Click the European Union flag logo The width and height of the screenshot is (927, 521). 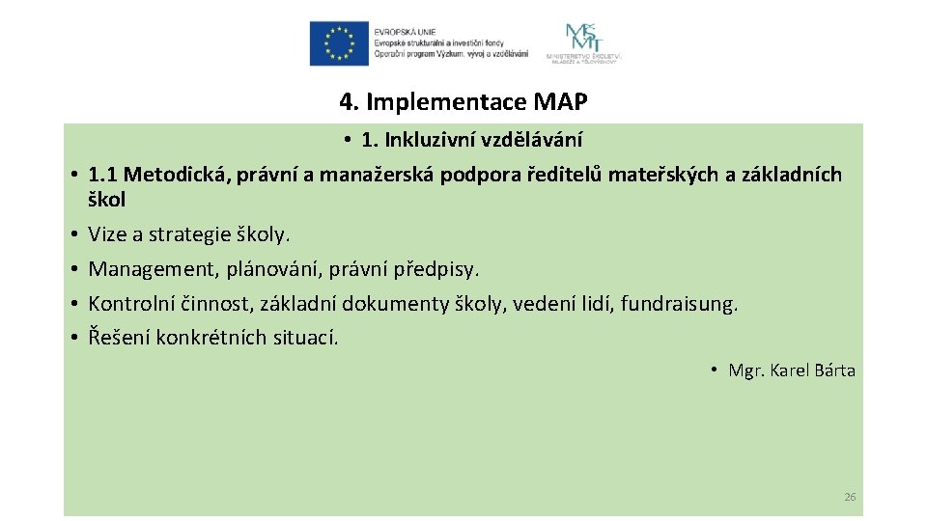pos(339,43)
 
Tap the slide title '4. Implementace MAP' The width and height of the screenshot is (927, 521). pos(463,101)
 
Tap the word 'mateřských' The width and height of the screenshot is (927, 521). pos(656,175)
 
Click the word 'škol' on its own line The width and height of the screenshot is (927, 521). pos(106,200)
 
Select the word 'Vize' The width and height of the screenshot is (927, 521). pos(107,234)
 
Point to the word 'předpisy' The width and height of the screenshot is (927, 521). pos(440,269)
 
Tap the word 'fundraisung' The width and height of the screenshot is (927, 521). pos(678,304)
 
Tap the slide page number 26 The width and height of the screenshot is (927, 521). pos(850,497)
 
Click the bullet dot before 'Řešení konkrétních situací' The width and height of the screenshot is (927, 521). pos(73,339)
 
